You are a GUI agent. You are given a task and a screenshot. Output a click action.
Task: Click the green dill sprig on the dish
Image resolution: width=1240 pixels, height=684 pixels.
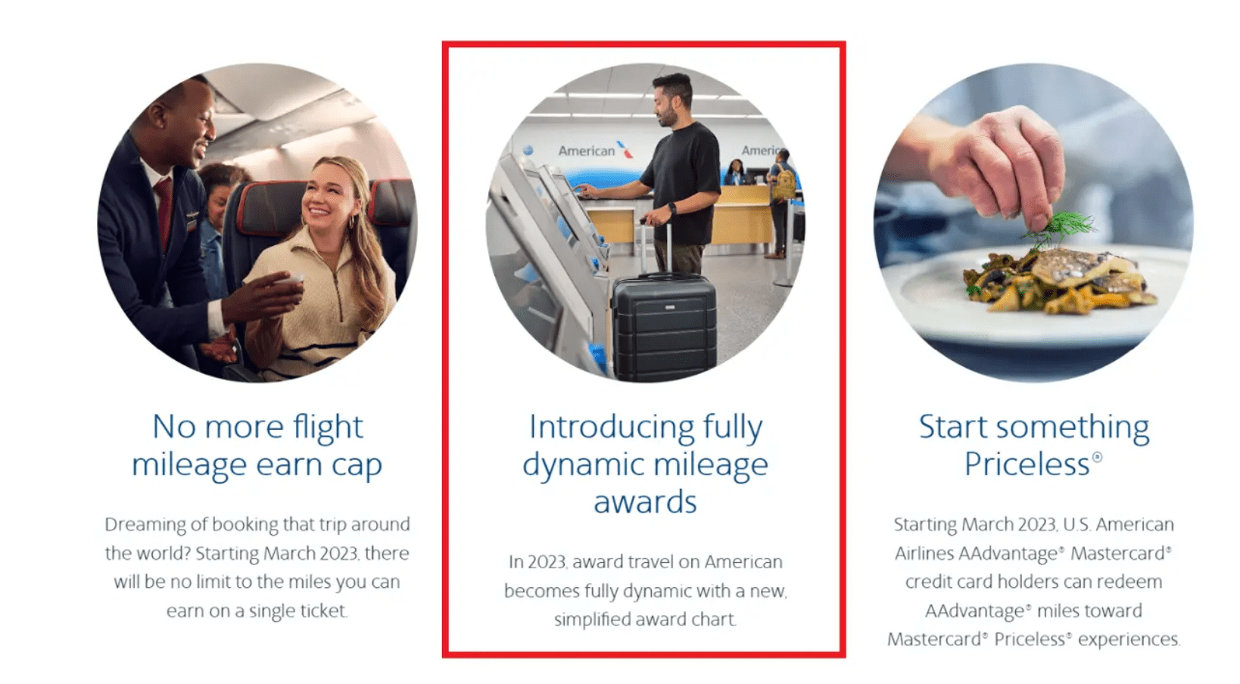[1058, 229]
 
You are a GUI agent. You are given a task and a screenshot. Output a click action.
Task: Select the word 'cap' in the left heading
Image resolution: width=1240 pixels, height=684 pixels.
[357, 465]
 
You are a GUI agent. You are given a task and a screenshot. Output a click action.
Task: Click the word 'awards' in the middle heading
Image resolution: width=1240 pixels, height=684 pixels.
[645, 502]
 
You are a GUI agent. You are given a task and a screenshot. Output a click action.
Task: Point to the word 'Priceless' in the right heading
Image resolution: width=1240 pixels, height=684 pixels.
[1027, 464]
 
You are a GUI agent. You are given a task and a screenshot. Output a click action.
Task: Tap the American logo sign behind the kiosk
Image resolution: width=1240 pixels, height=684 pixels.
[596, 150]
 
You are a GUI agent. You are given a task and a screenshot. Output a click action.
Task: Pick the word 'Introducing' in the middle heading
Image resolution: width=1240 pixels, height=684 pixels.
[611, 427]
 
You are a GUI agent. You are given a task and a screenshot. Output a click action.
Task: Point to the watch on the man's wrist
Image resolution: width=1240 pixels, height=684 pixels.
[672, 208]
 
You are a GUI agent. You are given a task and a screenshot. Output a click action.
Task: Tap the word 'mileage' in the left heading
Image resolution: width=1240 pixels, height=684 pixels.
[188, 465]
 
